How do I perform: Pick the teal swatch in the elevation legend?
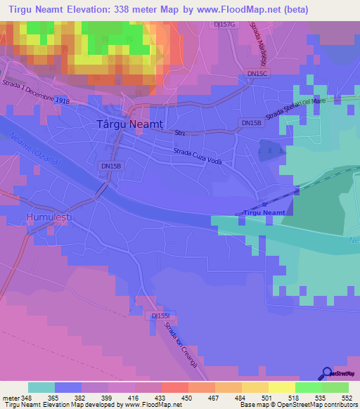tap(41, 387)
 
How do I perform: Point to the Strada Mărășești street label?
tap(263, 48)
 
